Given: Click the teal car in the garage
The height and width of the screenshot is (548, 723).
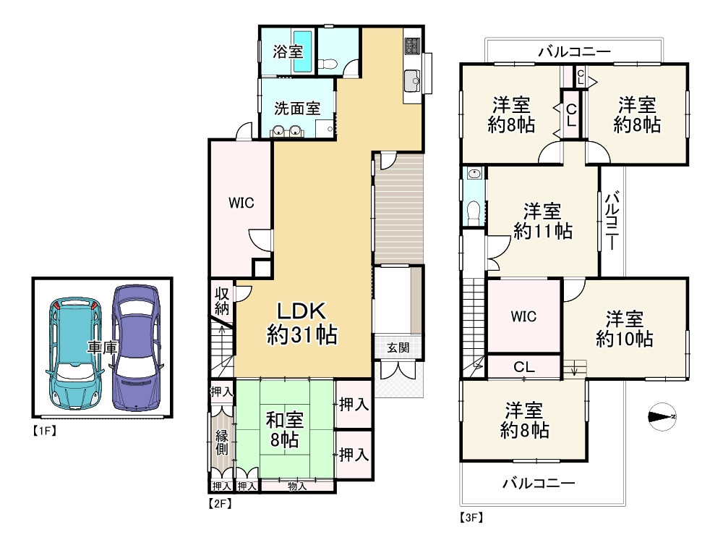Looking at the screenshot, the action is pyautogui.click(x=76, y=353).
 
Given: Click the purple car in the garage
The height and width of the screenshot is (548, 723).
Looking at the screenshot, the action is pyautogui.click(x=136, y=347).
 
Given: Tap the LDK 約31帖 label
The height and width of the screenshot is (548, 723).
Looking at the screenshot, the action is pyautogui.click(x=302, y=323).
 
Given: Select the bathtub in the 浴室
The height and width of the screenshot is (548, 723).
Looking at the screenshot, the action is pyautogui.click(x=303, y=51).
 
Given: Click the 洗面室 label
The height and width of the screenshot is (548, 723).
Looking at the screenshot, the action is pyautogui.click(x=297, y=109).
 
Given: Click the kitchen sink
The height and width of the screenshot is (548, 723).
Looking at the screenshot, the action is pyautogui.click(x=412, y=82).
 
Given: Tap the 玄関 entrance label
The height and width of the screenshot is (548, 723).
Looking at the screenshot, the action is pyautogui.click(x=398, y=347).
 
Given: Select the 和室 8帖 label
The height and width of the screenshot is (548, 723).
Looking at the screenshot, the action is pyautogui.click(x=284, y=429).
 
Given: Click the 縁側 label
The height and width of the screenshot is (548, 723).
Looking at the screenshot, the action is pyautogui.click(x=222, y=442).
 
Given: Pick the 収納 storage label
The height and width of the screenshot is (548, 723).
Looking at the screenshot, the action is pyautogui.click(x=222, y=301).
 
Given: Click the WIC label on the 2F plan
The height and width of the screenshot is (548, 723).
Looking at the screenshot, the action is pyautogui.click(x=241, y=203).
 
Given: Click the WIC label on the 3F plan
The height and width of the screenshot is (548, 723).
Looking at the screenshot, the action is pyautogui.click(x=523, y=316).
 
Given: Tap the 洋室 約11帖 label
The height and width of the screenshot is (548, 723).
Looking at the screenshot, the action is pyautogui.click(x=543, y=221).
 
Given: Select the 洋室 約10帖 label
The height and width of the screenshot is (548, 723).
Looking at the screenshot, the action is pyautogui.click(x=625, y=329).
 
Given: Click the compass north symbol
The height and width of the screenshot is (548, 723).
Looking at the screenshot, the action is pyautogui.click(x=662, y=417).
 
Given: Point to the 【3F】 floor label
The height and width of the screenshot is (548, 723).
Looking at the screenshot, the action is pyautogui.click(x=471, y=518).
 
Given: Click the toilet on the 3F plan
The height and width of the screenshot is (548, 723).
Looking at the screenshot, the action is pyautogui.click(x=474, y=213).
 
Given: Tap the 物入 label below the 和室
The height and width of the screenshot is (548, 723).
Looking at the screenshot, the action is pyautogui.click(x=297, y=486).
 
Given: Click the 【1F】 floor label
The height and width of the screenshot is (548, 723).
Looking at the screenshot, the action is pyautogui.click(x=44, y=431).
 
